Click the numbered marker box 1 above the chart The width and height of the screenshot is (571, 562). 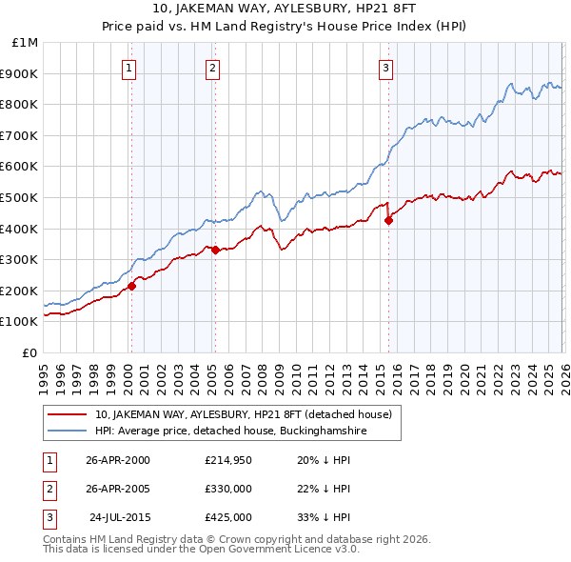(128, 68)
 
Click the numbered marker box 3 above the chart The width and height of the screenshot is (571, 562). (385, 68)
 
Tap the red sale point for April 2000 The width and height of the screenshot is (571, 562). (132, 286)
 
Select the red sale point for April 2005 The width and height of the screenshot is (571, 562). (215, 251)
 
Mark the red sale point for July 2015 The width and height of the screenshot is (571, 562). (388, 221)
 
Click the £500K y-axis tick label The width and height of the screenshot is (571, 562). (21, 197)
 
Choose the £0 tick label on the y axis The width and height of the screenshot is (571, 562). (30, 352)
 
